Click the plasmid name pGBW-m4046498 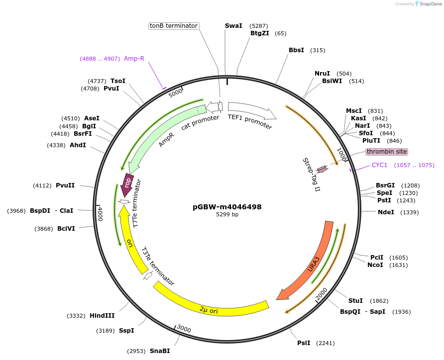coord(227,207)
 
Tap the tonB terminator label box coord(174,26)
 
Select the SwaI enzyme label coord(233,25)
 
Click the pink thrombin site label coord(387,152)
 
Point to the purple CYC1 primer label coord(379,165)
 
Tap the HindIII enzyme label coord(102,316)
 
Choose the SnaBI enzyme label coord(160,351)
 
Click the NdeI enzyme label coord(386,212)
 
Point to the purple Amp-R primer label coord(134,59)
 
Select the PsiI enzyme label coord(304,343)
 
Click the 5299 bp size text coord(227,215)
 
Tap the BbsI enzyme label coord(296,50)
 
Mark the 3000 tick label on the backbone coord(184,329)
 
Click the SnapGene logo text coord(431,4)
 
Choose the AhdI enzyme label coord(78,145)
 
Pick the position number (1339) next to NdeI coord(408,212)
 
